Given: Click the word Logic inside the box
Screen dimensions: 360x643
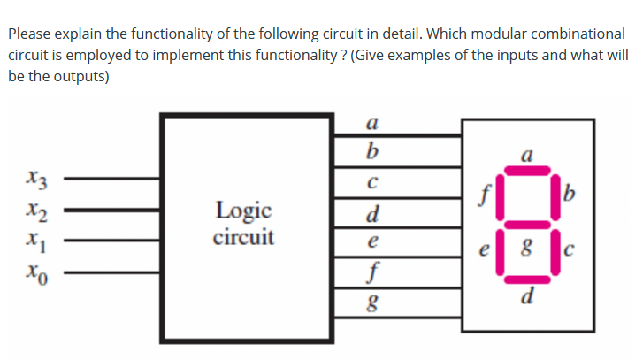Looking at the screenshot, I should pyautogui.click(x=243, y=211).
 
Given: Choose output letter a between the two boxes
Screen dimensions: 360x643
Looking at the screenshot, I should pyautogui.click(x=376, y=124).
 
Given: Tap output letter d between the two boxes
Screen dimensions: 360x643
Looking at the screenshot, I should pyautogui.click(x=376, y=213).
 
